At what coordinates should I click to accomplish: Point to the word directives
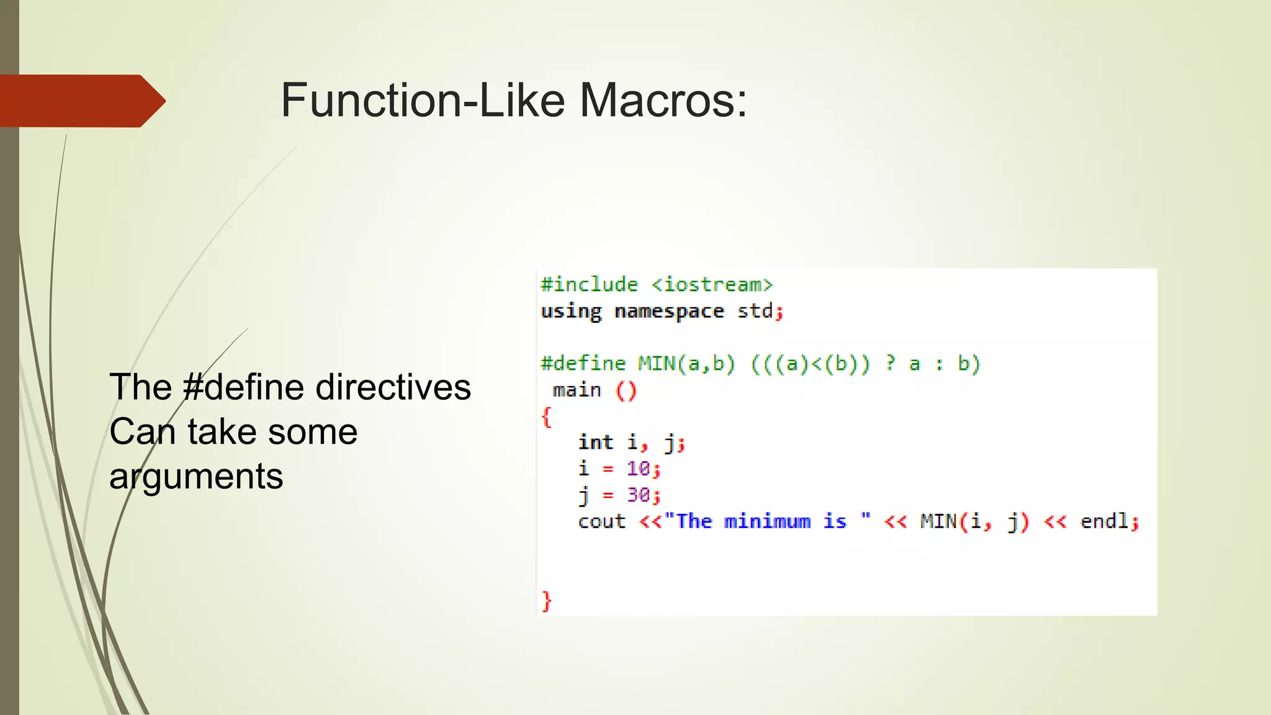tap(393, 387)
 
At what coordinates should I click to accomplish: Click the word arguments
tap(196, 477)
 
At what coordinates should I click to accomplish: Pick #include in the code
tap(589, 284)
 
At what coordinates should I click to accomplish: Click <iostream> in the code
tap(712, 284)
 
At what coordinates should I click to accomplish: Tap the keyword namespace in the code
tap(669, 310)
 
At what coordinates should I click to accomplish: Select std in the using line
tap(755, 310)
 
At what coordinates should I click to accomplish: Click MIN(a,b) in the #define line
tap(686, 363)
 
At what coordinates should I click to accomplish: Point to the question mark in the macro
tap(891, 363)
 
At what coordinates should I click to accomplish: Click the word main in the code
tap(577, 390)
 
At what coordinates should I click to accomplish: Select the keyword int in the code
tap(595, 442)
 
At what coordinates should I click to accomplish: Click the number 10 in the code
tap(638, 469)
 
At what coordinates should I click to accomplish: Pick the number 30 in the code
tap(638, 495)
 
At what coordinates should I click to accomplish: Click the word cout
tap(601, 521)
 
